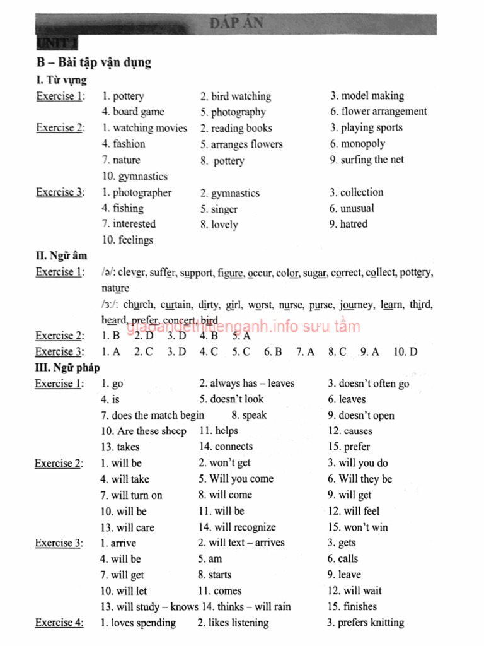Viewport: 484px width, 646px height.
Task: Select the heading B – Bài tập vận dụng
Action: [x=93, y=62]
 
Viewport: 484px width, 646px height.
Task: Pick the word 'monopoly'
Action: [x=362, y=144]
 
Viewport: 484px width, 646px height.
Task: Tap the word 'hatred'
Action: [x=354, y=224]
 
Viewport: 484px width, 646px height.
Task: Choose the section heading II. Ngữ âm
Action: [x=61, y=256]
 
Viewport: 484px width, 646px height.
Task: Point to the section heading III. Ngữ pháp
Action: [x=67, y=367]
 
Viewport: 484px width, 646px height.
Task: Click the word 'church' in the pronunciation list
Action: [x=138, y=305]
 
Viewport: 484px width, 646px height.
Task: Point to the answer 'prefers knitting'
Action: [x=371, y=623]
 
